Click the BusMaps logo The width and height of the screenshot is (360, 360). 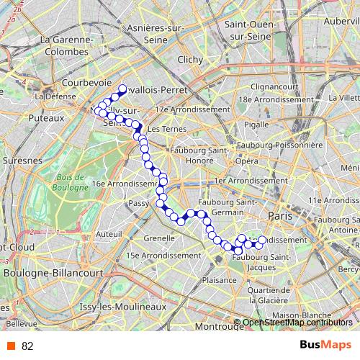coord(325,346)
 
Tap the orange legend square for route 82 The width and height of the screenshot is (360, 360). coord(11,346)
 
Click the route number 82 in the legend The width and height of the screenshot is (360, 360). coord(27,346)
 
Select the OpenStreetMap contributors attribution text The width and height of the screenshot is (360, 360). coord(297,322)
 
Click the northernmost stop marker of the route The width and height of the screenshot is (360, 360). coord(122,89)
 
